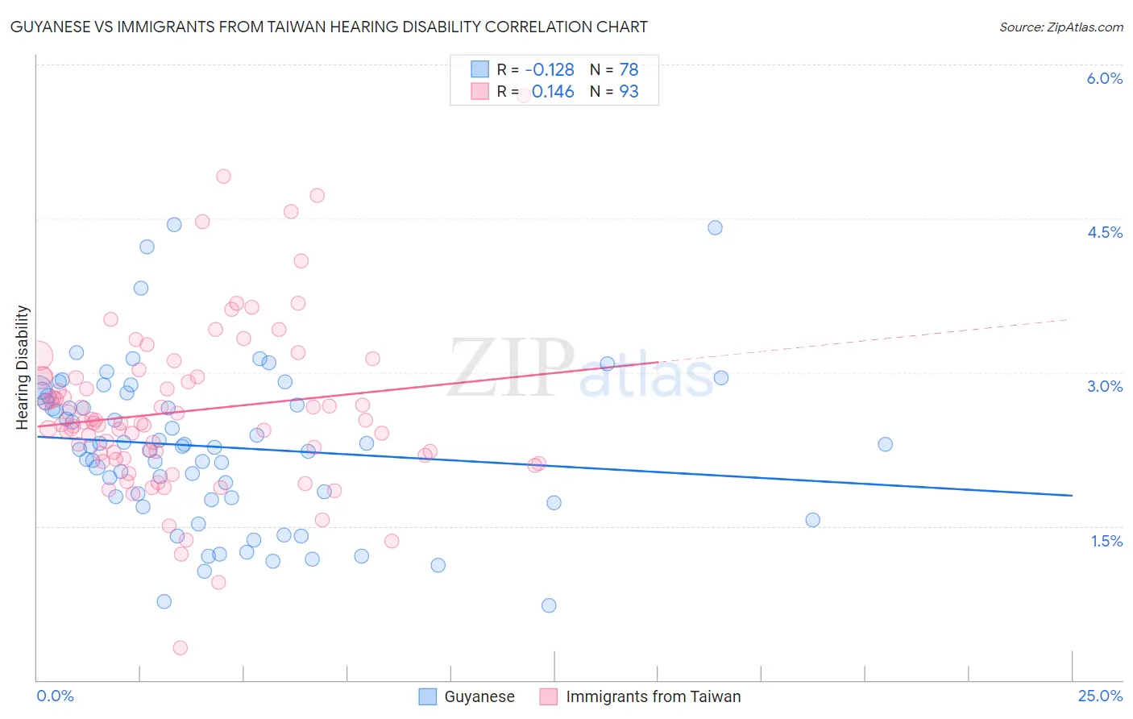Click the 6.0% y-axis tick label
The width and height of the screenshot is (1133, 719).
click(1104, 78)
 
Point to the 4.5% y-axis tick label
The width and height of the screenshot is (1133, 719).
click(1104, 232)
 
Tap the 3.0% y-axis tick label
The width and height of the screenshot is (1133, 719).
click(1104, 386)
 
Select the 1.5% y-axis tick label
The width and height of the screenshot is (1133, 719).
click(1106, 541)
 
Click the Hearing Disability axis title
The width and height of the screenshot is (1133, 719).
click(23, 367)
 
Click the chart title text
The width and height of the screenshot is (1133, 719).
click(329, 27)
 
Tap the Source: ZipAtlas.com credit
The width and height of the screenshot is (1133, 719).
click(1060, 27)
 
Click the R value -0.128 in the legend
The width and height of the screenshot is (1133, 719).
click(550, 70)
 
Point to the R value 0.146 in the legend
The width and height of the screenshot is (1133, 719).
click(553, 92)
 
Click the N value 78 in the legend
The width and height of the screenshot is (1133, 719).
click(629, 70)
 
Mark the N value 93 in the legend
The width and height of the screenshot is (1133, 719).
click(629, 92)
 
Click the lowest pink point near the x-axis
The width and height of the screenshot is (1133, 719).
click(181, 648)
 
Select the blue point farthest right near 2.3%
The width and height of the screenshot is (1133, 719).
click(885, 444)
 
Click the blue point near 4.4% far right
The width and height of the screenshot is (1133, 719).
click(715, 227)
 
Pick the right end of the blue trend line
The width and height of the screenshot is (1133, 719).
click(1072, 495)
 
